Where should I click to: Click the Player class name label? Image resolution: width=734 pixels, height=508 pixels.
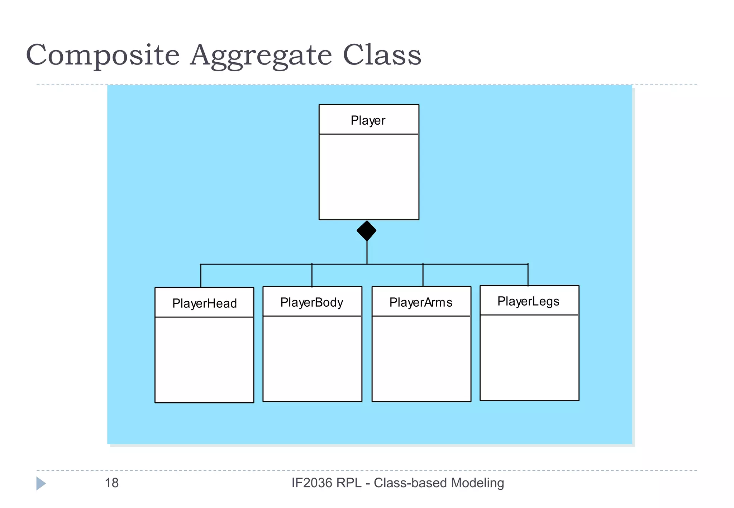click(368, 121)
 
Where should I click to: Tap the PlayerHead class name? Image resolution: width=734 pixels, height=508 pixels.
click(204, 303)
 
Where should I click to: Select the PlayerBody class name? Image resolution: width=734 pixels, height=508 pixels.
click(312, 302)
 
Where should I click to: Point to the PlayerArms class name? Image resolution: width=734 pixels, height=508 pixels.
click(421, 302)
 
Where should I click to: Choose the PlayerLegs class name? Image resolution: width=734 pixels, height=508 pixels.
click(528, 301)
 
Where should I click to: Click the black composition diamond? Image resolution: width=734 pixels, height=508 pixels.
click(367, 231)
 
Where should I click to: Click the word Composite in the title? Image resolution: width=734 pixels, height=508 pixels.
click(103, 56)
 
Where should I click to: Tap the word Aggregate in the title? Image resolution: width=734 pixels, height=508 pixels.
click(261, 56)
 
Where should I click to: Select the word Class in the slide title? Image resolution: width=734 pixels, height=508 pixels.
click(382, 56)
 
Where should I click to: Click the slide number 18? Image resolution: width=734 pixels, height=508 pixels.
click(111, 483)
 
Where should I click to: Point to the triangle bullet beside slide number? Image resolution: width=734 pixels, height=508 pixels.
click(40, 483)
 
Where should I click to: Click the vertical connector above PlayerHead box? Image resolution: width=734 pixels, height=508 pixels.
click(201, 276)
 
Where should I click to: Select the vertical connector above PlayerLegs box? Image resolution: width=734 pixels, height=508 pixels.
click(528, 275)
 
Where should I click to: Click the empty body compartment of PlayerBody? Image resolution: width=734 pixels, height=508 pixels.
click(312, 358)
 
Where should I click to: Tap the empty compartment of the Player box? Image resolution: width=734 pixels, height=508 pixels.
click(369, 177)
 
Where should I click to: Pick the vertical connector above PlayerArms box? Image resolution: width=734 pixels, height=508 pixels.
click(423, 275)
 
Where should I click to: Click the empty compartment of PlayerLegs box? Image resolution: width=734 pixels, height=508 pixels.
click(529, 358)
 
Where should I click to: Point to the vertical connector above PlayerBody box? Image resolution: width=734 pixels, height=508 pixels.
click(312, 275)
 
